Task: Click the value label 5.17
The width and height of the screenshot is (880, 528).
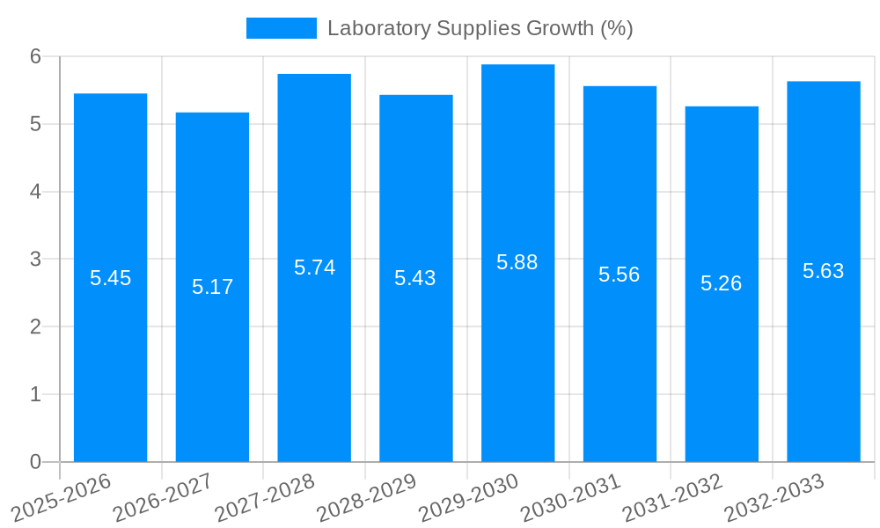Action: tap(212, 287)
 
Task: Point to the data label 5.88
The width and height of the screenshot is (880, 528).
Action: tap(517, 262)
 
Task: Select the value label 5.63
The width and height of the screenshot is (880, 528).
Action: tap(824, 271)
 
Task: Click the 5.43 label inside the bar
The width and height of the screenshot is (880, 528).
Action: tap(415, 278)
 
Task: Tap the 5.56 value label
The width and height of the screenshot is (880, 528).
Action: tap(620, 275)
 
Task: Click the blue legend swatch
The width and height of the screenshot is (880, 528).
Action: tap(281, 28)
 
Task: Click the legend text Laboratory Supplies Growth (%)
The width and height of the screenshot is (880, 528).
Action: tap(480, 28)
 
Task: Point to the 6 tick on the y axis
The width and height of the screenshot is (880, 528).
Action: tap(36, 56)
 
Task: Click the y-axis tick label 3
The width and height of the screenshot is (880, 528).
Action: tap(36, 260)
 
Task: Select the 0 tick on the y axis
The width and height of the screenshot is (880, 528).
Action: tap(36, 462)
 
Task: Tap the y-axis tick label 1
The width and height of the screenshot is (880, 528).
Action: tap(36, 394)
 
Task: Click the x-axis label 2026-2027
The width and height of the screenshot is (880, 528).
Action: tap(164, 498)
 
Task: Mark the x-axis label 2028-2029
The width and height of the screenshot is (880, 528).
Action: tap(367, 498)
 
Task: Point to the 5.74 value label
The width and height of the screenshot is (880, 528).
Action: tap(314, 268)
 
